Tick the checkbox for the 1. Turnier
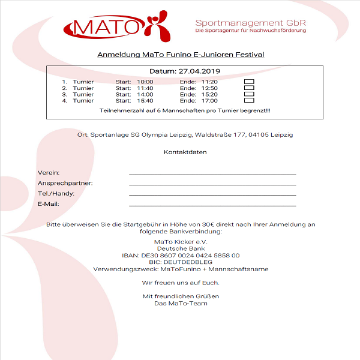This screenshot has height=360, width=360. coord(249,81)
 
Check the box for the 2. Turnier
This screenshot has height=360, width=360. coord(249,88)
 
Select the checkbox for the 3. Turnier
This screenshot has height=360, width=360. coord(249,94)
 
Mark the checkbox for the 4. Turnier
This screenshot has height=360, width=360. coord(249,101)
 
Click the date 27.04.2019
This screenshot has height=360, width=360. coord(201,71)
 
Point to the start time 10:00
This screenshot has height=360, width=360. coord(145,82)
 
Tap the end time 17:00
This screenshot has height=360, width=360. coord(209,101)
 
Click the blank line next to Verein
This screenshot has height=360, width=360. coord(212,173)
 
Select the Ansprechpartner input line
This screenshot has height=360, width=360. coord(212,184)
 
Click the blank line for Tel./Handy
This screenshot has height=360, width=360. coord(212,194)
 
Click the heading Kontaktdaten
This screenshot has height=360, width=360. coord(185,152)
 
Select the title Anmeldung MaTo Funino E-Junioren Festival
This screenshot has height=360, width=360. coord(181,55)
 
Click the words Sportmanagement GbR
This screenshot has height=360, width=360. coord(250,23)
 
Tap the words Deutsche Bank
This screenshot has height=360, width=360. coord(181,248)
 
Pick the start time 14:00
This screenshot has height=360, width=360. coord(145,94)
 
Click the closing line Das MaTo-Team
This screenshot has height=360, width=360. coord(181,303)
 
